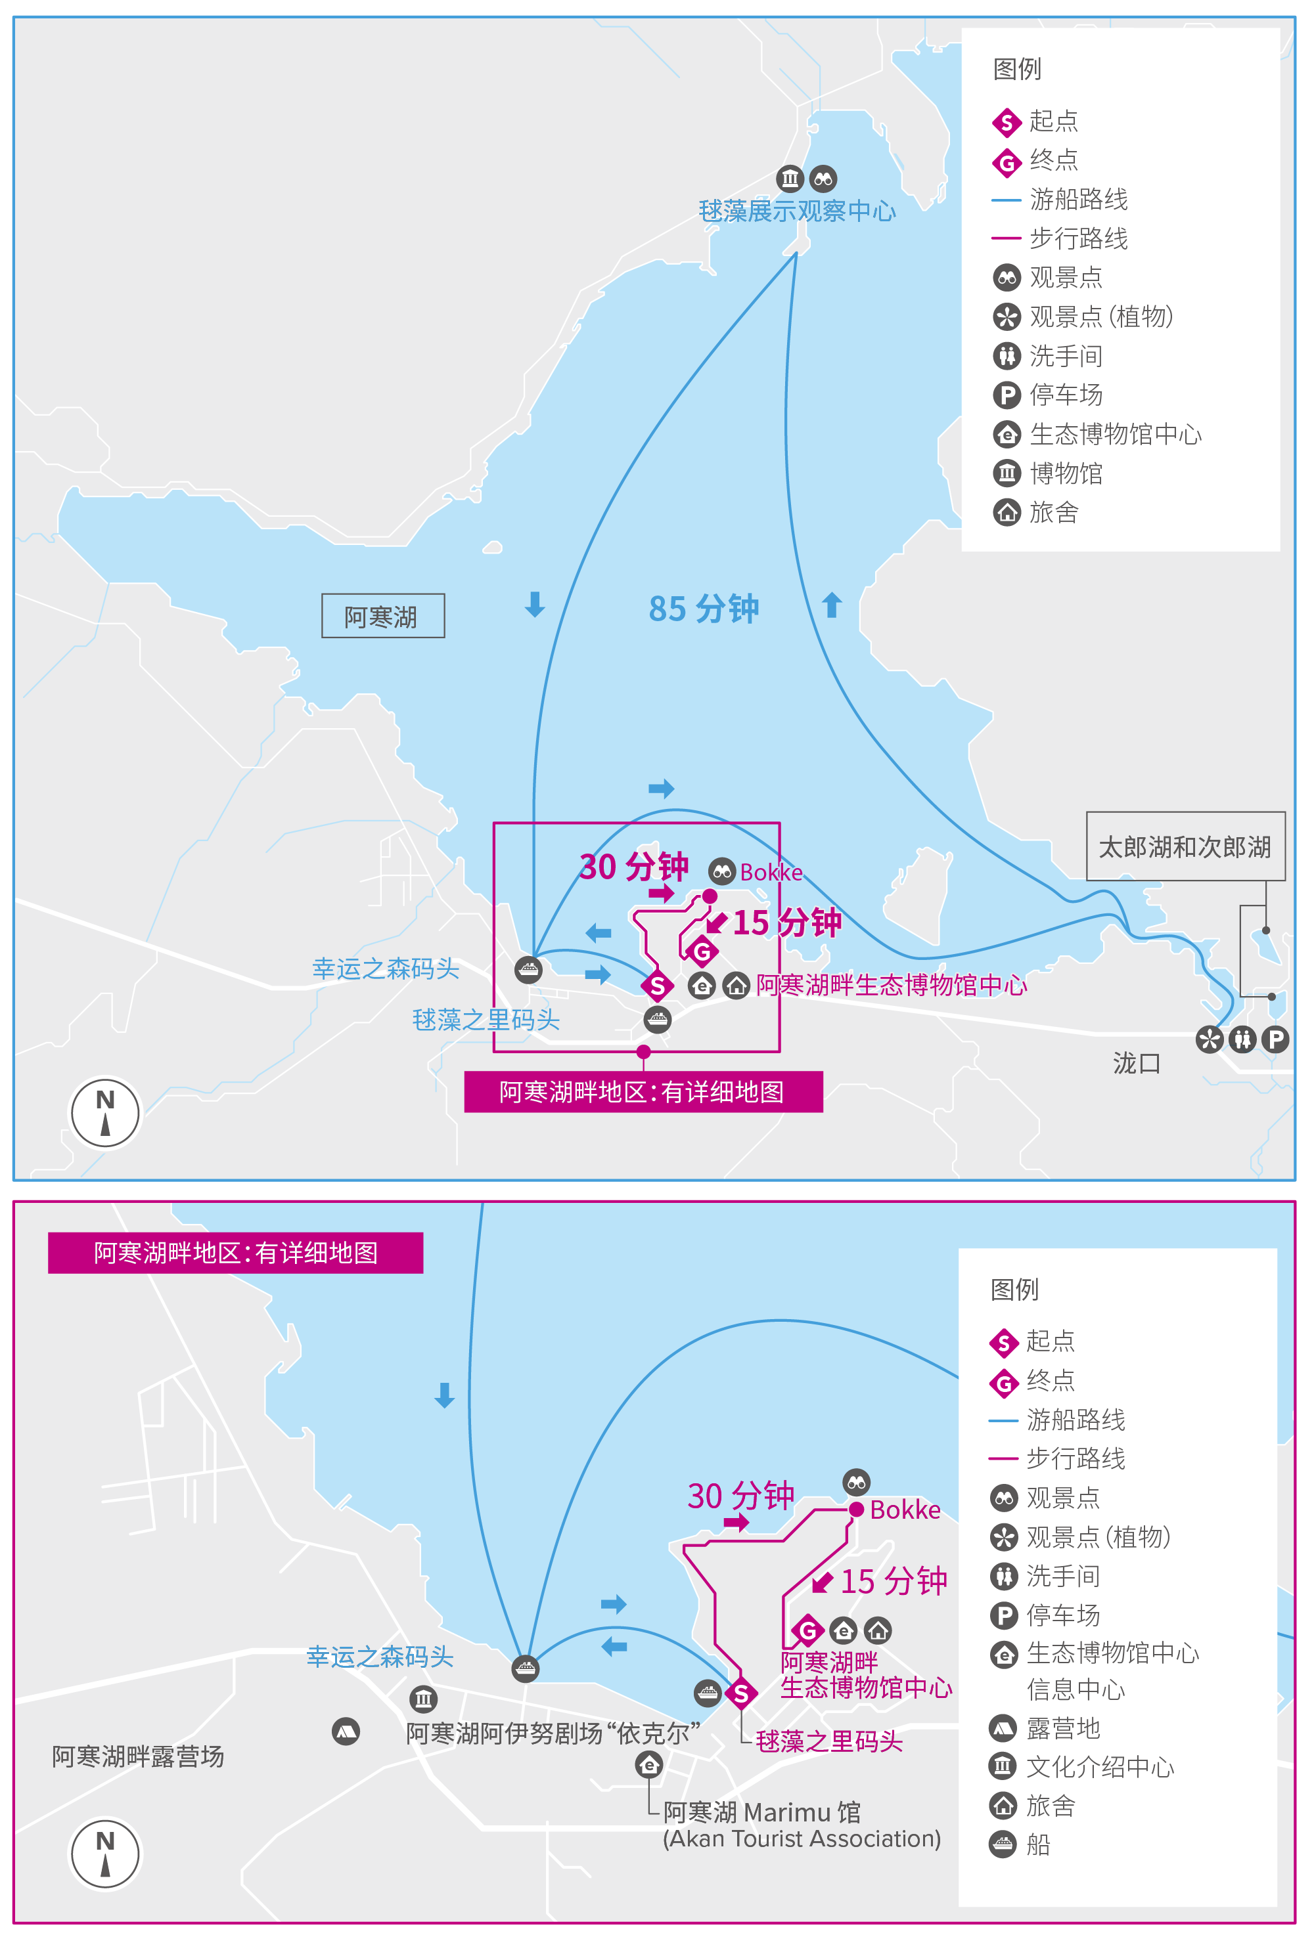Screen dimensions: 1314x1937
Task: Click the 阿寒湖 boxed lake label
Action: coord(382,616)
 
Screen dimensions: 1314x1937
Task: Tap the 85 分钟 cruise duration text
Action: coord(703,609)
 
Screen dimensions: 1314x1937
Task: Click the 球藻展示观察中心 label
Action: coord(796,211)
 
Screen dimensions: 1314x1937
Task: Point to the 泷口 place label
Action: coord(1135,1064)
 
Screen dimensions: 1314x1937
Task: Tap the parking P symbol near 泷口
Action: coord(1274,1039)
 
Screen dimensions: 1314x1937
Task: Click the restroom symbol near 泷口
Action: coord(1242,1039)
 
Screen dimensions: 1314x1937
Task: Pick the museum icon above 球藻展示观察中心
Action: coord(790,179)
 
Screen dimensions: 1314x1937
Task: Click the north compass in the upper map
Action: coord(105,1113)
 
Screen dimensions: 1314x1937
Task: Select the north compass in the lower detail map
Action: coord(105,1854)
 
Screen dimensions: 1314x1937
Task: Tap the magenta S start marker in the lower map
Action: coord(740,1693)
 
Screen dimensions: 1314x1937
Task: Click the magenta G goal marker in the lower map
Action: coord(807,1630)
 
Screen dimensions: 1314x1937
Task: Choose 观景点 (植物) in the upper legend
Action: coord(1100,316)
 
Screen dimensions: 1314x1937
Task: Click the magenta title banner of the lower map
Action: coord(235,1252)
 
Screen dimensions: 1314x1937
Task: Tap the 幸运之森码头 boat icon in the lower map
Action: coord(524,1668)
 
